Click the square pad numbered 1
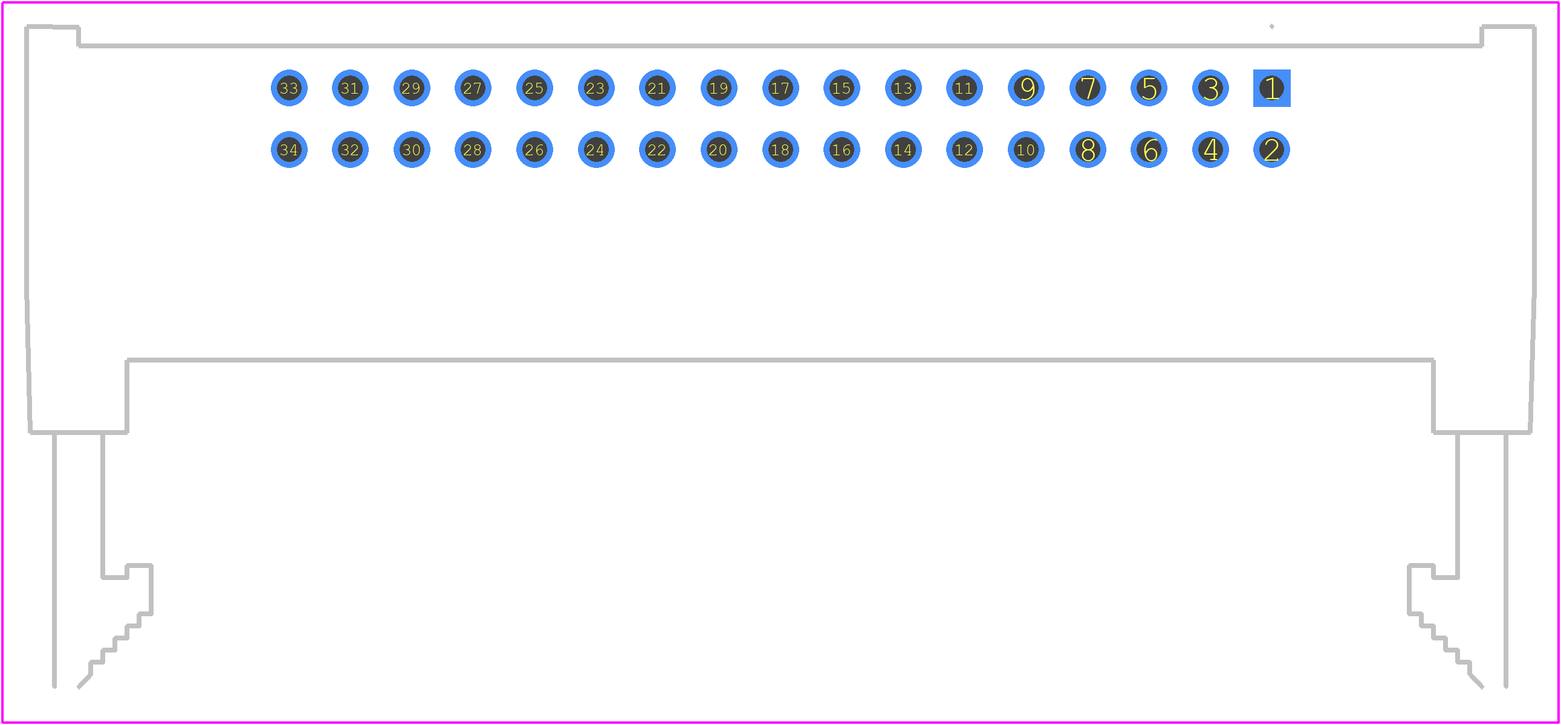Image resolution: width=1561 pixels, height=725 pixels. click(1271, 88)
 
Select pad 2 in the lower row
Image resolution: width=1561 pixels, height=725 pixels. click(1271, 150)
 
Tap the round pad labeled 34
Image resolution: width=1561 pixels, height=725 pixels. click(289, 150)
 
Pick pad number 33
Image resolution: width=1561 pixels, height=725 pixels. click(289, 88)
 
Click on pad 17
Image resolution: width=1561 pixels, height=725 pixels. click(780, 88)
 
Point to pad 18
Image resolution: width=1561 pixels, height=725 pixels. click(780, 150)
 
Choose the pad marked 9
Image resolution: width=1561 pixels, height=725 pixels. click(1026, 88)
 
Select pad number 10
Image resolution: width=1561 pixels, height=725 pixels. click(1026, 150)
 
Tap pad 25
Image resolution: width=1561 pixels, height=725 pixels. click(534, 88)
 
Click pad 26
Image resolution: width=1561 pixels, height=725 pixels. click(534, 150)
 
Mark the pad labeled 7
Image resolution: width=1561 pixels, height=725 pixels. click(1088, 88)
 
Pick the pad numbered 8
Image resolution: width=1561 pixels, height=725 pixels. click(1088, 150)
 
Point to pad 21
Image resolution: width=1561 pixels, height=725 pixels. click(658, 88)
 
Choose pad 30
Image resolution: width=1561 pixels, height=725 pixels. click(412, 150)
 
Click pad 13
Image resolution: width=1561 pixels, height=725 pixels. click(903, 88)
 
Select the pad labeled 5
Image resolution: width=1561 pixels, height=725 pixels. click(1149, 88)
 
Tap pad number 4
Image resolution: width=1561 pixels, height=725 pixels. click(1210, 150)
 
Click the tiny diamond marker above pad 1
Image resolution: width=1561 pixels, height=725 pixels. click(1271, 27)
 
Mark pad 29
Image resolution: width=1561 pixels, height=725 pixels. click(412, 88)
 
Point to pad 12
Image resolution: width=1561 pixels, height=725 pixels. click(964, 150)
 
